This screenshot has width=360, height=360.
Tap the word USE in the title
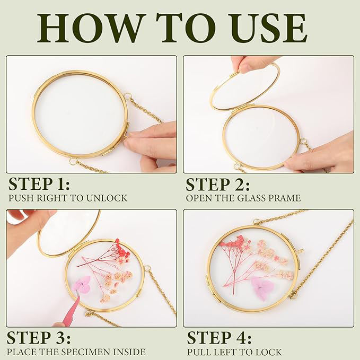270,28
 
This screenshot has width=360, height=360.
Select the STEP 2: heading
218,184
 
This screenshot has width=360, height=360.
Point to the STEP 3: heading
39,338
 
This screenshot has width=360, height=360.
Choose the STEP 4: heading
219,338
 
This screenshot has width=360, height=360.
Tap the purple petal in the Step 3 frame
82,284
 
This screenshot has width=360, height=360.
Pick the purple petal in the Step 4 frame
262,288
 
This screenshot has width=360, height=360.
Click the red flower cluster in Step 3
122,250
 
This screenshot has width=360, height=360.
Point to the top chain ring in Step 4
256,222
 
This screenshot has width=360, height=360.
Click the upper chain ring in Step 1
127,96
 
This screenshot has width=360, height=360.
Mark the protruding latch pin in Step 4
301,251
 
